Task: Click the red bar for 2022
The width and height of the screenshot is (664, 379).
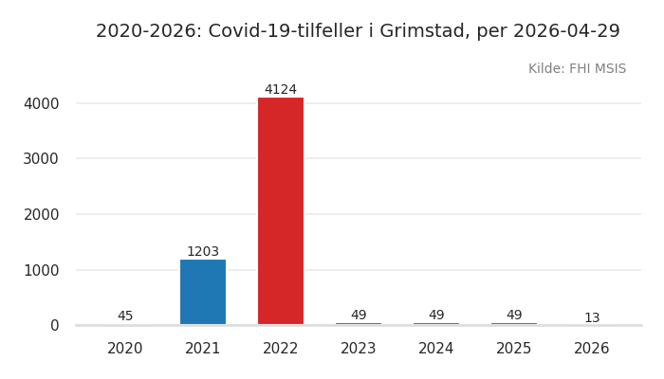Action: (x=281, y=210)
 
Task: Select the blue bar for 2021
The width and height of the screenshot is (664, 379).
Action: (x=203, y=292)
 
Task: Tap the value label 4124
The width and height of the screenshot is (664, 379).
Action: (x=281, y=90)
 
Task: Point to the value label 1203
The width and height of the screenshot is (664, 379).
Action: (x=203, y=252)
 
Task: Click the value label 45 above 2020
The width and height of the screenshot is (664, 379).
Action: (x=125, y=316)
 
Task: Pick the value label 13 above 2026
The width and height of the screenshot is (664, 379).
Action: (x=592, y=318)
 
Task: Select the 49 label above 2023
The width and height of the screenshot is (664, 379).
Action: (x=359, y=316)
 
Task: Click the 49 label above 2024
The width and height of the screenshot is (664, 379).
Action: (x=436, y=316)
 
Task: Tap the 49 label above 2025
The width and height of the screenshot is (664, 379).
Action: (x=514, y=316)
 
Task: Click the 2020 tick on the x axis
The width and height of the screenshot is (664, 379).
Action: (x=125, y=349)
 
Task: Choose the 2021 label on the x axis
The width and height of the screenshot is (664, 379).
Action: (x=203, y=349)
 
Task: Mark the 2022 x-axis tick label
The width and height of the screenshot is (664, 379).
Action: (x=281, y=349)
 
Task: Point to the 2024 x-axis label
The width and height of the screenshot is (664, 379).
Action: (x=436, y=349)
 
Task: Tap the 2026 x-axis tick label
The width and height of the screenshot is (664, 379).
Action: (x=592, y=349)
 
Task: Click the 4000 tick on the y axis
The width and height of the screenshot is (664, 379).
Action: (x=41, y=103)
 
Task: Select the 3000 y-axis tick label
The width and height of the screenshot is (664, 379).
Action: (x=41, y=159)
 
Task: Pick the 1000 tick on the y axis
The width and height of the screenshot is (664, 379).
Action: (x=41, y=270)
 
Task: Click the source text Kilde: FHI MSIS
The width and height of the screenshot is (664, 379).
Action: (x=577, y=69)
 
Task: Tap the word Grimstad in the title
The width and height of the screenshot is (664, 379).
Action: (x=423, y=31)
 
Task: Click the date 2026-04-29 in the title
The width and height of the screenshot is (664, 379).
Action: (x=566, y=31)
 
